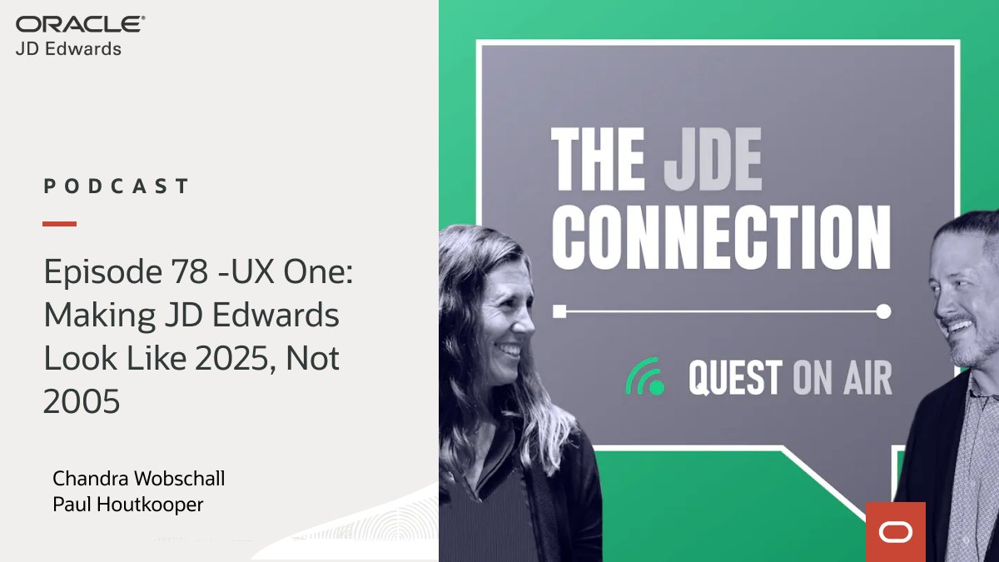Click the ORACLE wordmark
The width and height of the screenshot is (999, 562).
click(81, 25)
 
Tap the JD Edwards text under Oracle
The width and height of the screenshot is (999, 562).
click(68, 49)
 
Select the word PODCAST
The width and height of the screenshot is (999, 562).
click(117, 186)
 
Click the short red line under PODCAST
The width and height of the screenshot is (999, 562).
click(59, 223)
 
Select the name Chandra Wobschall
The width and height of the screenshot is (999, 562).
click(138, 479)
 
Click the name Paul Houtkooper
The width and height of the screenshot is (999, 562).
click(127, 505)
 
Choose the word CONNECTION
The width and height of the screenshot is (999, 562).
click(721, 237)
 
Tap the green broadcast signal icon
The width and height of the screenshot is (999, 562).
click(645, 376)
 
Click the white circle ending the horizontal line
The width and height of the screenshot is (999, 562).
click(883, 311)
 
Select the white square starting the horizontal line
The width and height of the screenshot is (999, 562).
click(560, 311)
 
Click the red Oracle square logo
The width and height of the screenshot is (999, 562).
click(895, 531)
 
